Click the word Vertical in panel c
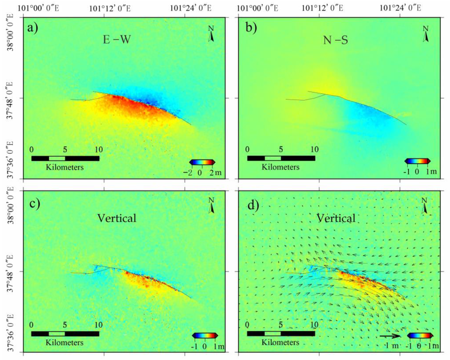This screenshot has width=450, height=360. point(117,218)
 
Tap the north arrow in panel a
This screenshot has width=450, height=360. point(211,34)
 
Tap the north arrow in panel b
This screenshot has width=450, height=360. point(426,33)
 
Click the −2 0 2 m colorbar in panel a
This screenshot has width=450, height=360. point(202,162)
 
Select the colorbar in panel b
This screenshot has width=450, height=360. point(417,161)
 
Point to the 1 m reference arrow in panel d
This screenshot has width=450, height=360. point(390,336)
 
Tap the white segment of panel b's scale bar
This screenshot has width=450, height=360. point(272,158)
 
